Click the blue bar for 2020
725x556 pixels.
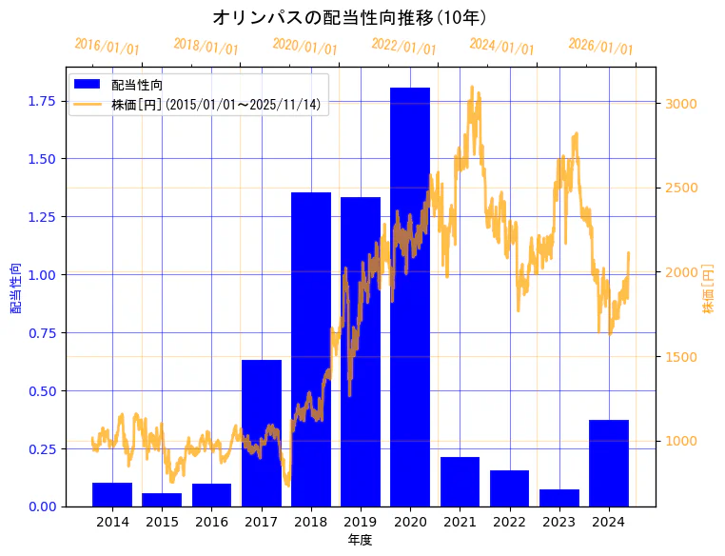point(410,296)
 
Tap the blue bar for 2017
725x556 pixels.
point(262,432)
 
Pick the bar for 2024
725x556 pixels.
point(609,463)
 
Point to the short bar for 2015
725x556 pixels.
point(162,499)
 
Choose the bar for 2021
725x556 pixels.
point(460,481)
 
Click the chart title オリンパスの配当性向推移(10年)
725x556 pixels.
point(350,17)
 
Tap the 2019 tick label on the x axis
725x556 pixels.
point(361,522)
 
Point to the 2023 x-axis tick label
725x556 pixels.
point(559,522)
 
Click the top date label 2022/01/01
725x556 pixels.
point(403,46)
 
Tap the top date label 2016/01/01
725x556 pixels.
point(107,46)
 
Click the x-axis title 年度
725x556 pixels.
point(360,540)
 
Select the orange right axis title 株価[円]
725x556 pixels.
point(708,289)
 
